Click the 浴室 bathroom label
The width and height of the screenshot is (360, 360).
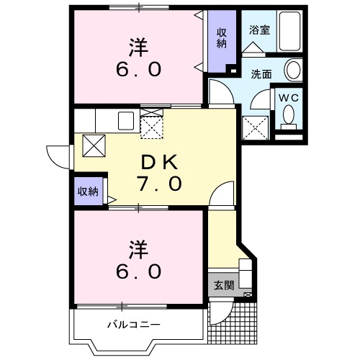[x=260, y=30]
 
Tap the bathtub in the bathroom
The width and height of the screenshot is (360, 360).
[x=289, y=31]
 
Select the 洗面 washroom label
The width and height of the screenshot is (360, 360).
[x=261, y=74]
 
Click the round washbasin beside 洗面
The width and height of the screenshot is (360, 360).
[x=294, y=70]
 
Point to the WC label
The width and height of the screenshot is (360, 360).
[x=289, y=98]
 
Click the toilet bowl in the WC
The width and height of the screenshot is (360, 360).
[x=289, y=117]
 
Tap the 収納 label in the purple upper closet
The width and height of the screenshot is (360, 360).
[x=222, y=38]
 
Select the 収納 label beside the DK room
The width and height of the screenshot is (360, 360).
[x=88, y=192]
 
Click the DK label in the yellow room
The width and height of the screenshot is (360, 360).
[x=159, y=163]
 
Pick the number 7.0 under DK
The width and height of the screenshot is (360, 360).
[x=159, y=184]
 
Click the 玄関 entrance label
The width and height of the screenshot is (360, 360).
[x=224, y=285]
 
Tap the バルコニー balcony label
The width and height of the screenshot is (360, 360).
[x=134, y=325]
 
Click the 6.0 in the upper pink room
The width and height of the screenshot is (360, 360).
[x=138, y=69]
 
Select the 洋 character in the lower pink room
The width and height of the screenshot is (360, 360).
[x=138, y=250]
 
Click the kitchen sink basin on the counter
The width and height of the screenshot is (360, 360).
[x=126, y=121]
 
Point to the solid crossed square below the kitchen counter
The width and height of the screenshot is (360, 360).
[x=94, y=145]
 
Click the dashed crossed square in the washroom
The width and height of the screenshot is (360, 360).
[x=256, y=127]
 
